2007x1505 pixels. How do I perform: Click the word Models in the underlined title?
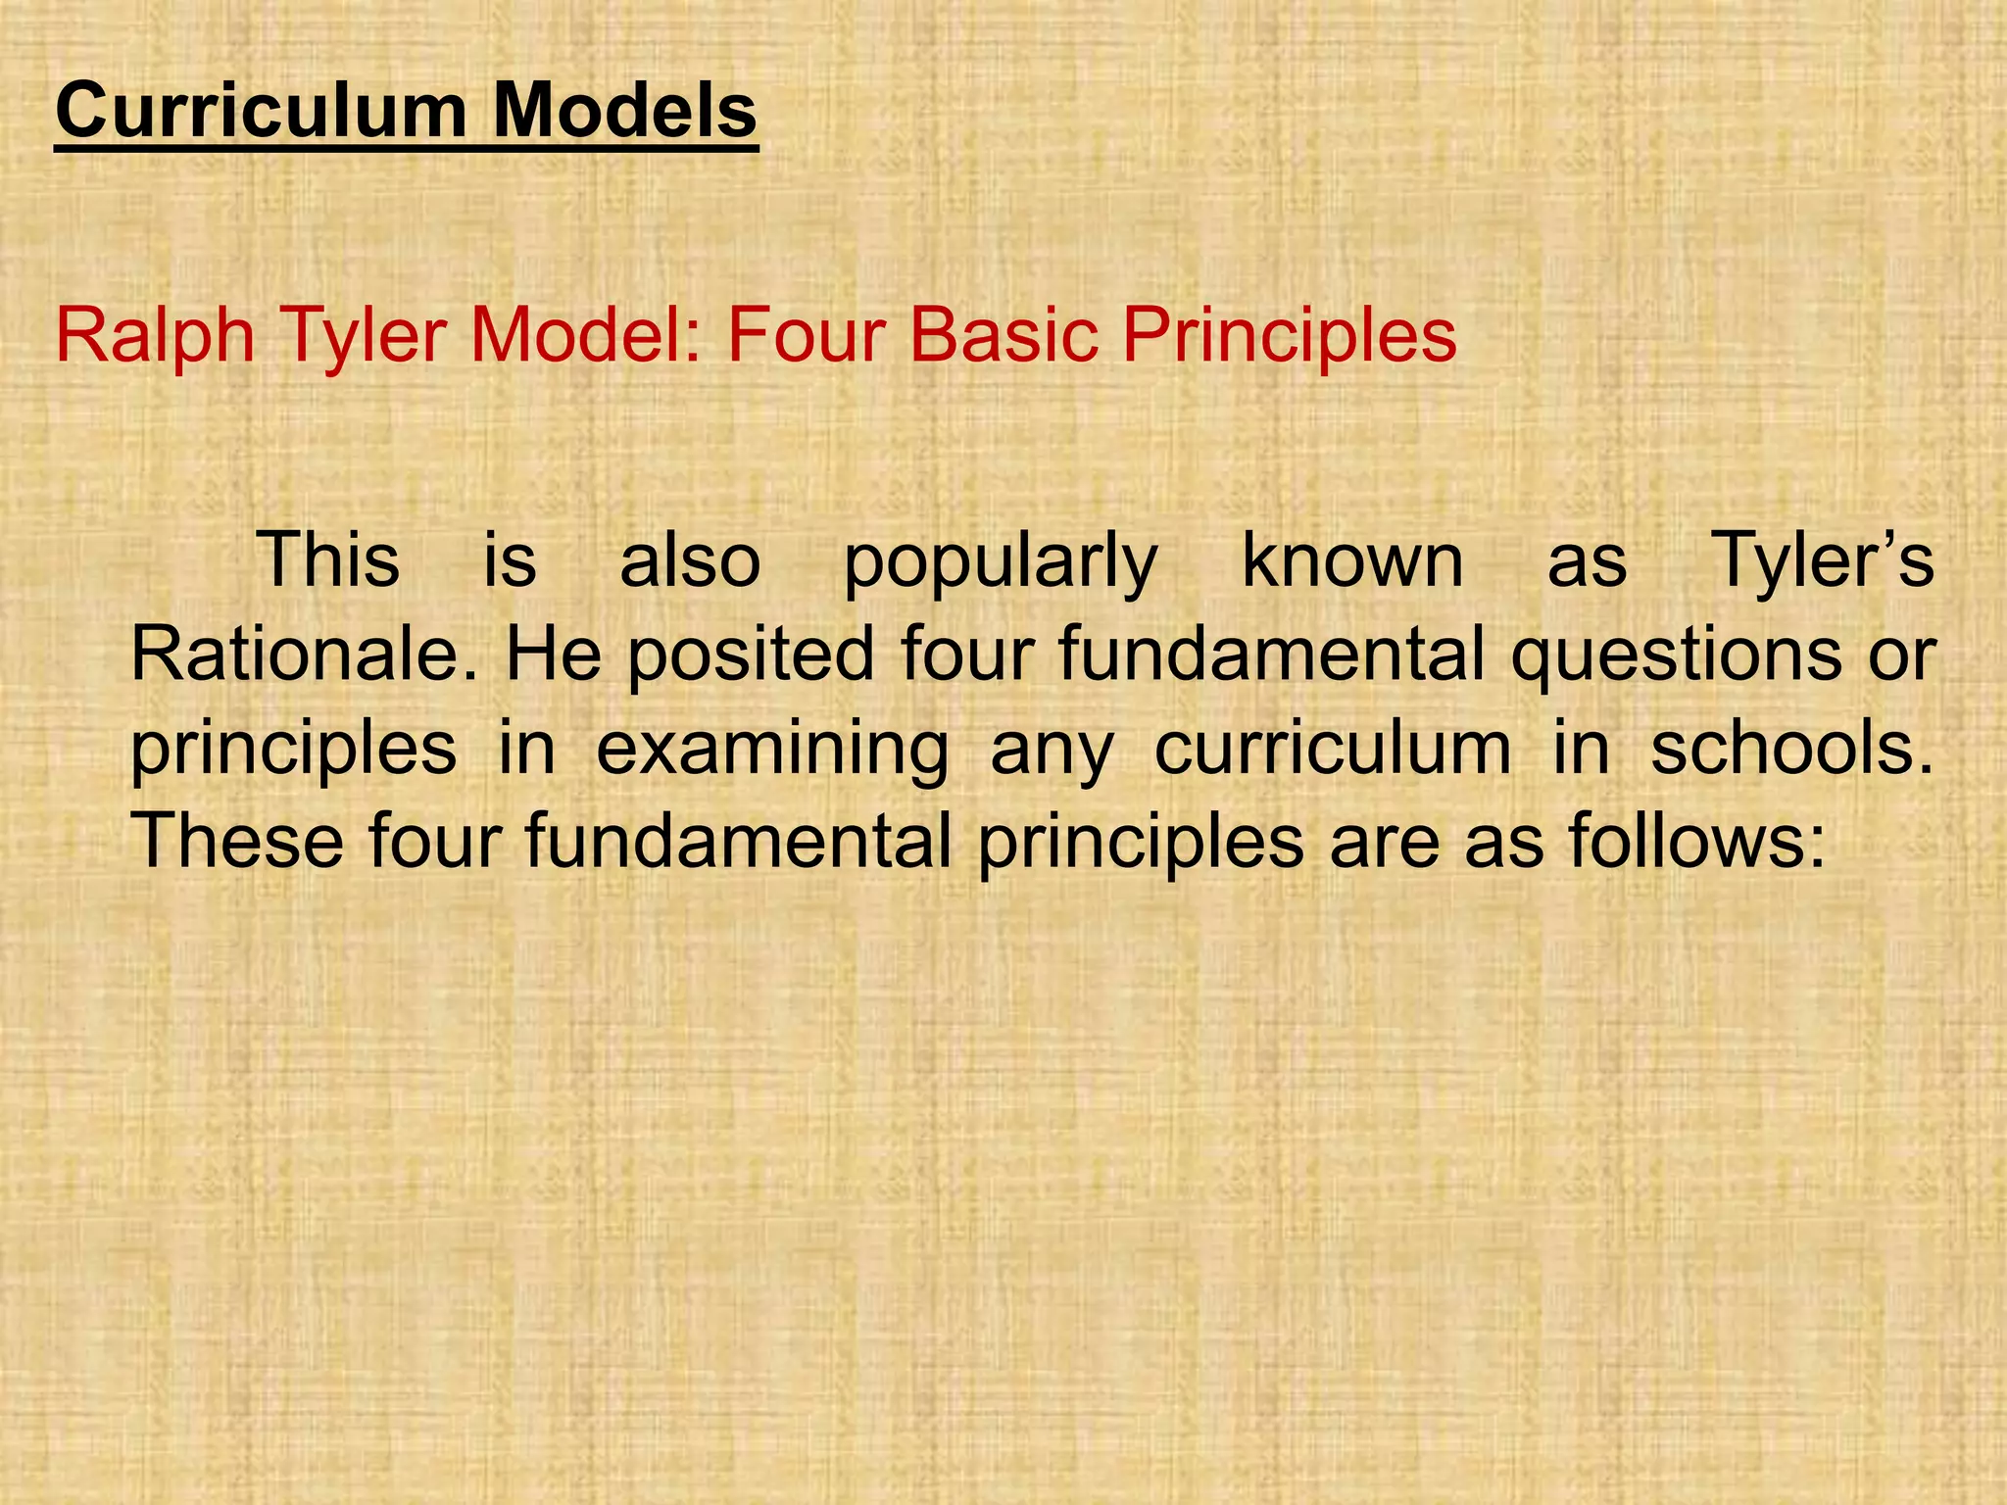click(624, 111)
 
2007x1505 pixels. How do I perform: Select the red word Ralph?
click(155, 336)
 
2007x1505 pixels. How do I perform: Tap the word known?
click(1352, 559)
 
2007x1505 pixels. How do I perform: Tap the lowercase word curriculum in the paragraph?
click(1333, 749)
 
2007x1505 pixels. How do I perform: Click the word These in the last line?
click(237, 842)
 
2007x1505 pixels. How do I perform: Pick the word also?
click(690, 559)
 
